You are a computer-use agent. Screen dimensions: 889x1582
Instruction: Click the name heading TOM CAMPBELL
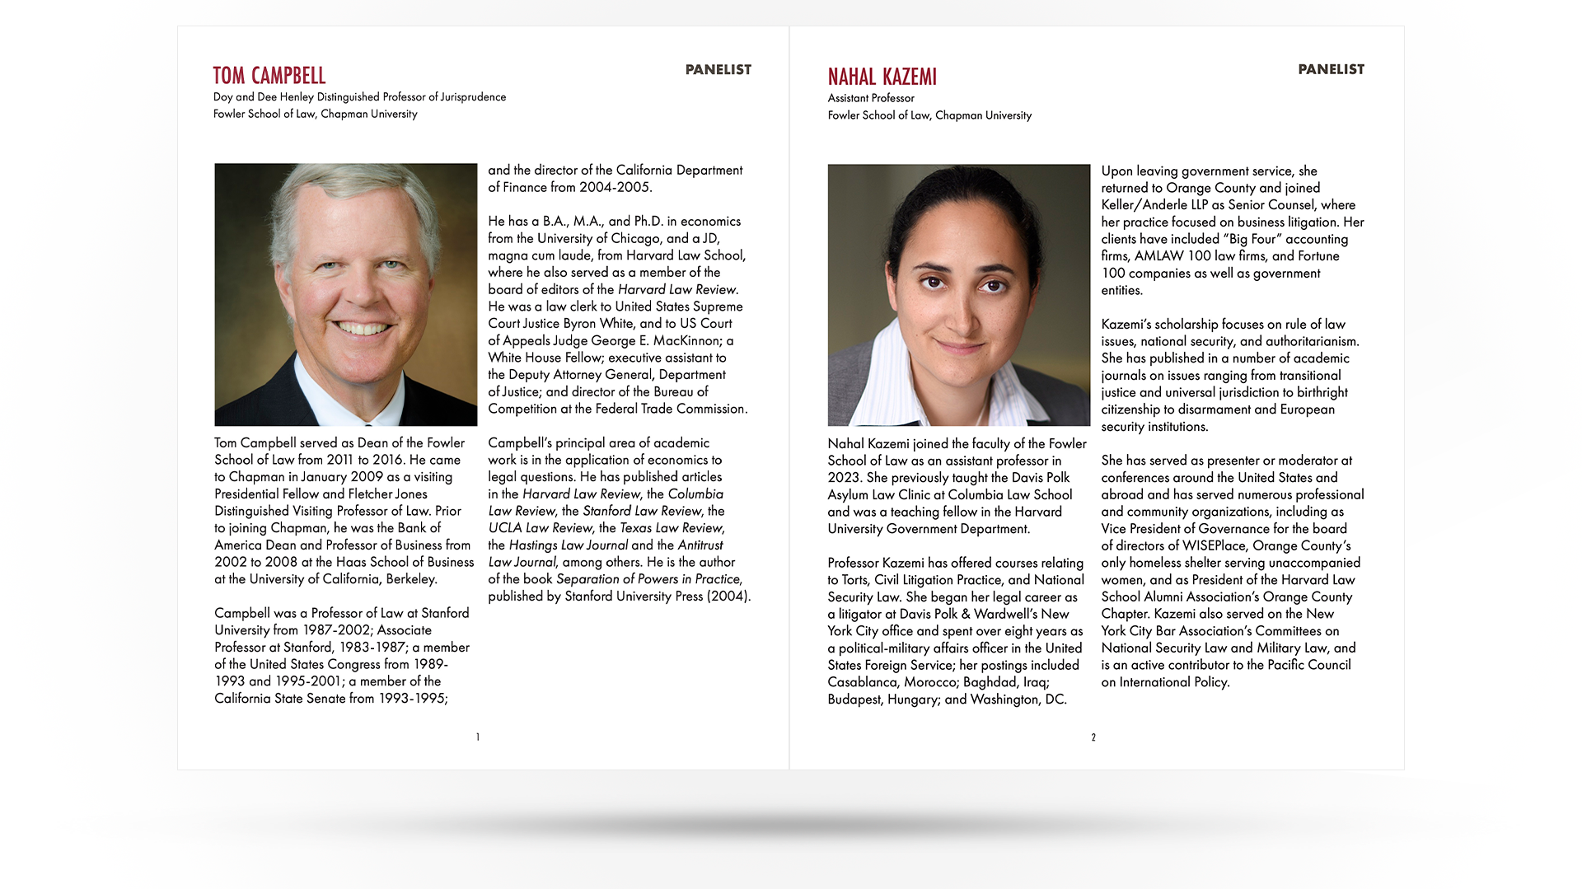coord(269,76)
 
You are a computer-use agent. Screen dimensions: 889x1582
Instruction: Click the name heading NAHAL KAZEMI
coord(882,77)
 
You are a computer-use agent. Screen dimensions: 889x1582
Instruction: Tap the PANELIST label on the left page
coord(718,70)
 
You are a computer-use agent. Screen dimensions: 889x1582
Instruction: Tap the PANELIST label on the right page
coord(1331,70)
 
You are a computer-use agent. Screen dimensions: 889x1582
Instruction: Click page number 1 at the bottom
coord(478,737)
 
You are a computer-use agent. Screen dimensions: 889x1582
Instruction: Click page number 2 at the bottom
coord(1093,737)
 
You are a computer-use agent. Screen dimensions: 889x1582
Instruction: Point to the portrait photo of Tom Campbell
coord(345,294)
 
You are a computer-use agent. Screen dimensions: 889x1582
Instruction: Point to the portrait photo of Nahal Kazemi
coord(958,295)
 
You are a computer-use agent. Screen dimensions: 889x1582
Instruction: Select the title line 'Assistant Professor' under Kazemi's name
coord(871,98)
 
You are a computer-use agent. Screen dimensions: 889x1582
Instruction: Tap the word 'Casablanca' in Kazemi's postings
coord(862,682)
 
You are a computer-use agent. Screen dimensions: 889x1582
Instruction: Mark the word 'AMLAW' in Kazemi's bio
coord(1158,256)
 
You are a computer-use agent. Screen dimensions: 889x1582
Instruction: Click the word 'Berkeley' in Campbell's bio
coord(411,579)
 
